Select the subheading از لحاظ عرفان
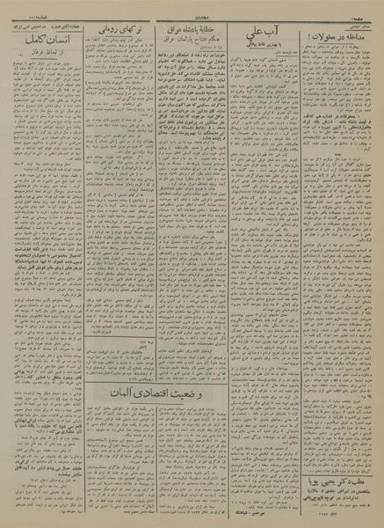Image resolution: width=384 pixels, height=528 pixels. click(48, 55)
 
